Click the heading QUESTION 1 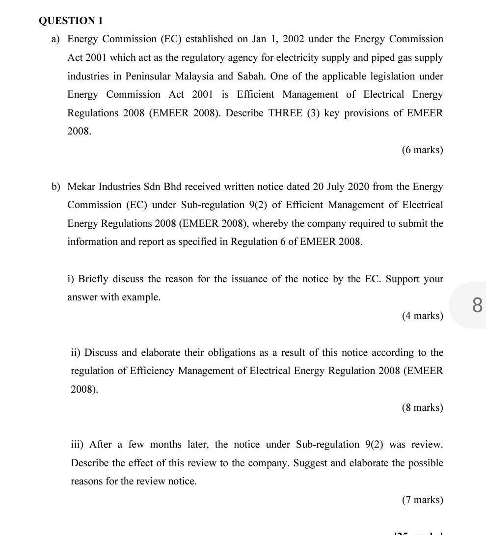tap(71, 21)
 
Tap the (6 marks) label tap(422, 150)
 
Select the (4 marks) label tap(422, 316)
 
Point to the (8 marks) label tap(422, 407)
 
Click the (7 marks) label tap(422, 500)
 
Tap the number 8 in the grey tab tap(477, 305)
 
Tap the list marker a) tap(56, 39)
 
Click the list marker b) tap(56, 187)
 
